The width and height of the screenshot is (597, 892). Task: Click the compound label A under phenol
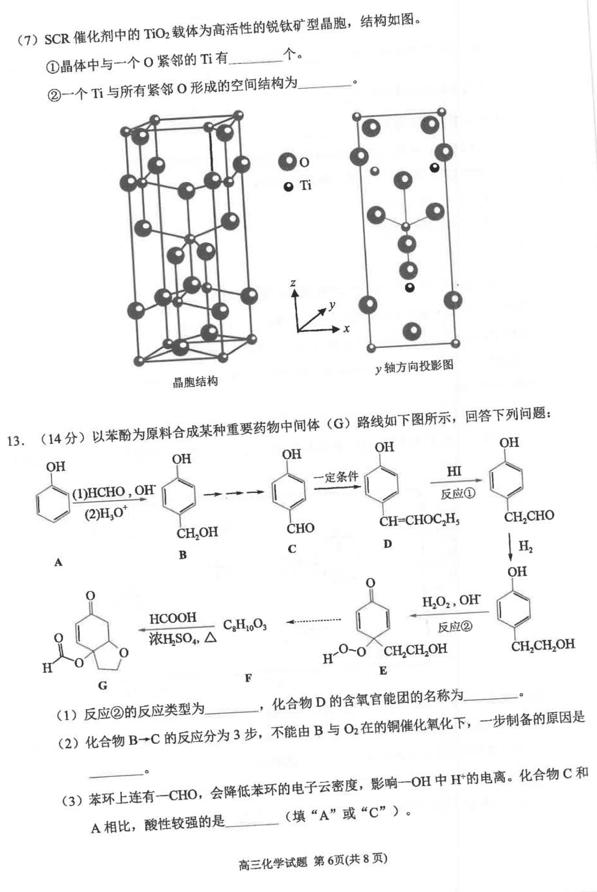click(58, 562)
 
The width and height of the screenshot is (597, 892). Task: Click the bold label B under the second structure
click(183, 555)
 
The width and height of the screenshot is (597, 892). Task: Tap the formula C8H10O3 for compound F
click(245, 625)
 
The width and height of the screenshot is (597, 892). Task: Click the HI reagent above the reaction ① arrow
click(454, 472)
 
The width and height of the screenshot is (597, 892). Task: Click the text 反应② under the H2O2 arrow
click(455, 627)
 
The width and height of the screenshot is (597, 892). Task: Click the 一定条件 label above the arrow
click(336, 476)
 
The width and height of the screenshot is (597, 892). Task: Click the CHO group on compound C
click(300, 528)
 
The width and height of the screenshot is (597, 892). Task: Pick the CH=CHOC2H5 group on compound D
click(419, 521)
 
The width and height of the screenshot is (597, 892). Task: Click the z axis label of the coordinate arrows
click(293, 283)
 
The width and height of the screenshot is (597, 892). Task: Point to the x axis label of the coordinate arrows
click(346, 328)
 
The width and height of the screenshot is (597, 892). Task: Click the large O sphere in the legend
click(287, 162)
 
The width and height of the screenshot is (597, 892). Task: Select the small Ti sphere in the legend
click(289, 187)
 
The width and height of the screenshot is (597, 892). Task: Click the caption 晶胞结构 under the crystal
click(195, 381)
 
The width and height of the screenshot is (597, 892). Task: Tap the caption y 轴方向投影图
click(414, 367)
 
